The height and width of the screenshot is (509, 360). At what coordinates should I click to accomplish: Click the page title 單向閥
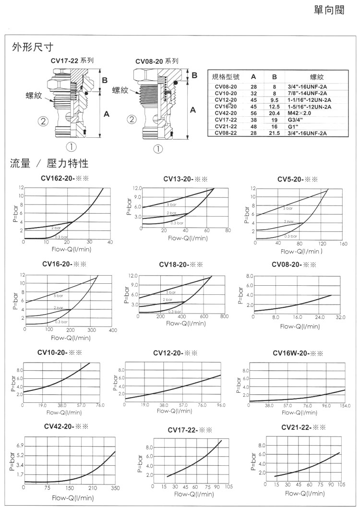[329, 11]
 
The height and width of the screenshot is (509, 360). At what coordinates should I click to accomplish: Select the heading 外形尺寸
[32, 47]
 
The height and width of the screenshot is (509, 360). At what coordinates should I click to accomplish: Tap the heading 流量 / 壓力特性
[49, 164]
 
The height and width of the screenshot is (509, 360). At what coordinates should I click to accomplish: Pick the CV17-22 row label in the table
[226, 120]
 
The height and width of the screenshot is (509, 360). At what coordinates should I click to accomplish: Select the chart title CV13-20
[185, 179]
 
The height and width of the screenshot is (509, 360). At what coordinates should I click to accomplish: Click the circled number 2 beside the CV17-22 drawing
[43, 121]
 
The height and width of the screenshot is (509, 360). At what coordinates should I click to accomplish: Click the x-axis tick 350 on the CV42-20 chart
[115, 488]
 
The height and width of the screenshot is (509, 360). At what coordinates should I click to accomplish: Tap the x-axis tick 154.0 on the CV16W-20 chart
[345, 406]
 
